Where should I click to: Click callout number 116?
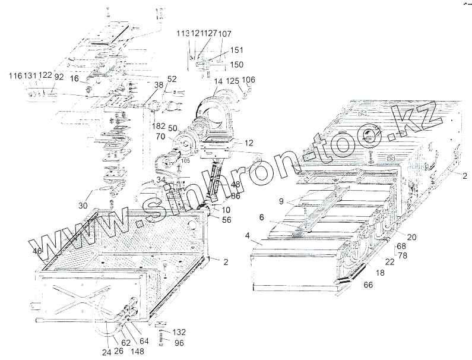[15, 77]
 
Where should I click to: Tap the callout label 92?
[59, 77]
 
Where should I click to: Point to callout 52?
[172, 79]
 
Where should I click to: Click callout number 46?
[37, 251]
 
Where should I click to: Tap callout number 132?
[179, 331]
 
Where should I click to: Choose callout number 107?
[224, 34]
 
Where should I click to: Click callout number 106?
[249, 80]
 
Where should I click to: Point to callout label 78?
[402, 255]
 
